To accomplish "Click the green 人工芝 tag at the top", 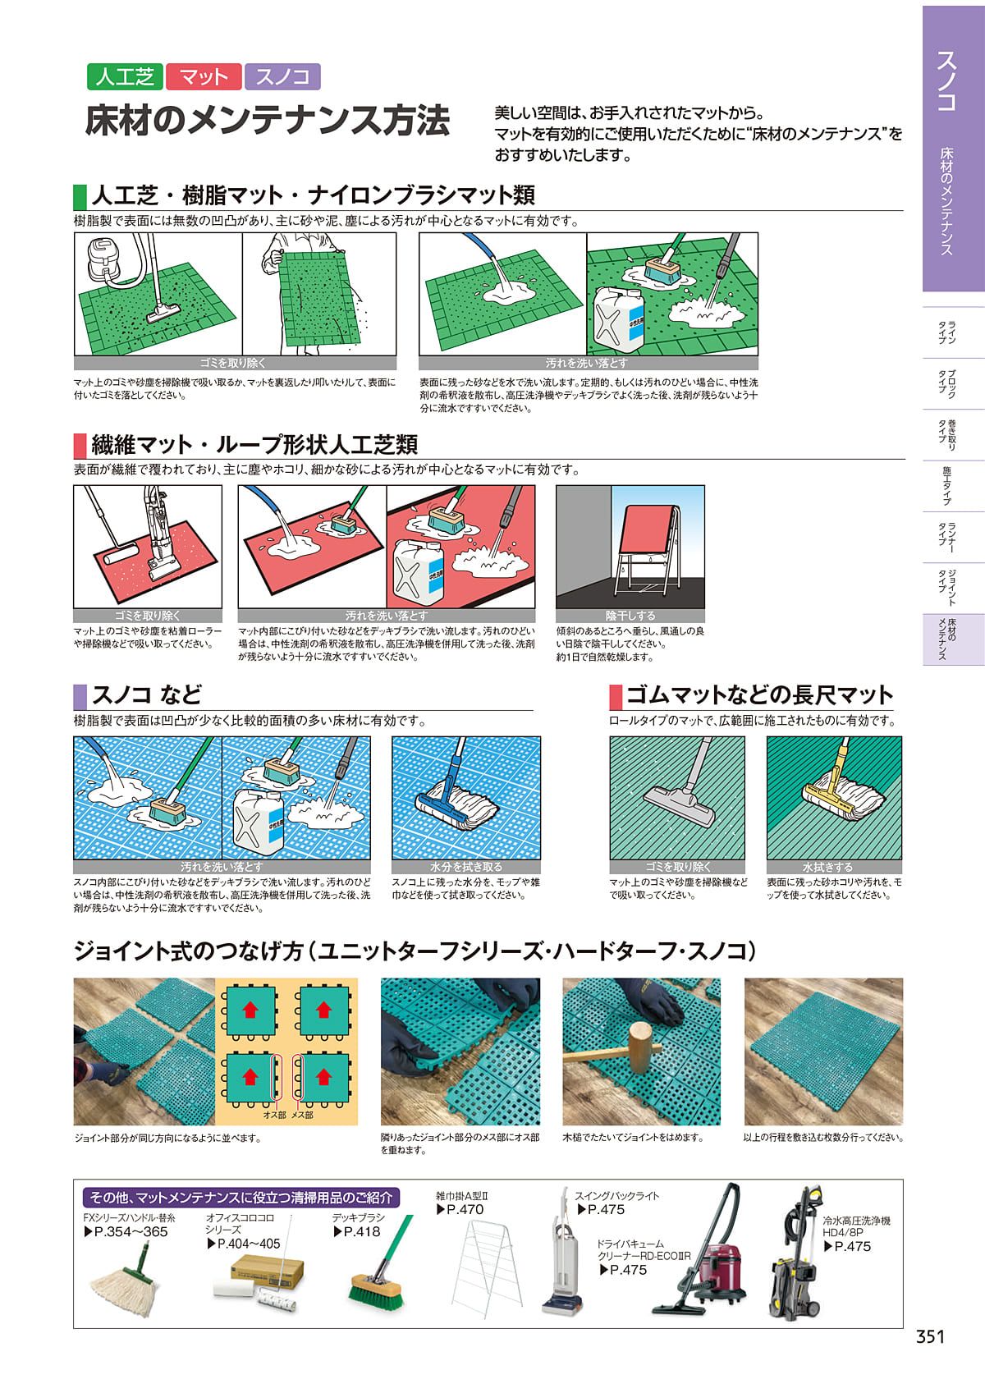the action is coord(125,76).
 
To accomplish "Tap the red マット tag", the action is coord(204,76).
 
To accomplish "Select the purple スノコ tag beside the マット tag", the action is coord(282,76).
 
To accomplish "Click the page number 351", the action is coord(930,1336).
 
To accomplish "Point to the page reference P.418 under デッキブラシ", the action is coord(357,1231).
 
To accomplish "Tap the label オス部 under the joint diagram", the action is coord(274,1115).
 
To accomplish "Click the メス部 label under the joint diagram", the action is coord(302,1115).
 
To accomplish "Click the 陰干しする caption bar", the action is coord(630,615).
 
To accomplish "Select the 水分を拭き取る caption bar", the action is coord(465,866).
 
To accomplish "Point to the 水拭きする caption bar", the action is coord(834,866).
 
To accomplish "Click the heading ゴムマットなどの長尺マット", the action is coord(758,694).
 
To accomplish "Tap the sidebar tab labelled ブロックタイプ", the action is coord(946,383).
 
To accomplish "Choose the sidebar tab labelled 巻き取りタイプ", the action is coord(946,435).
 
